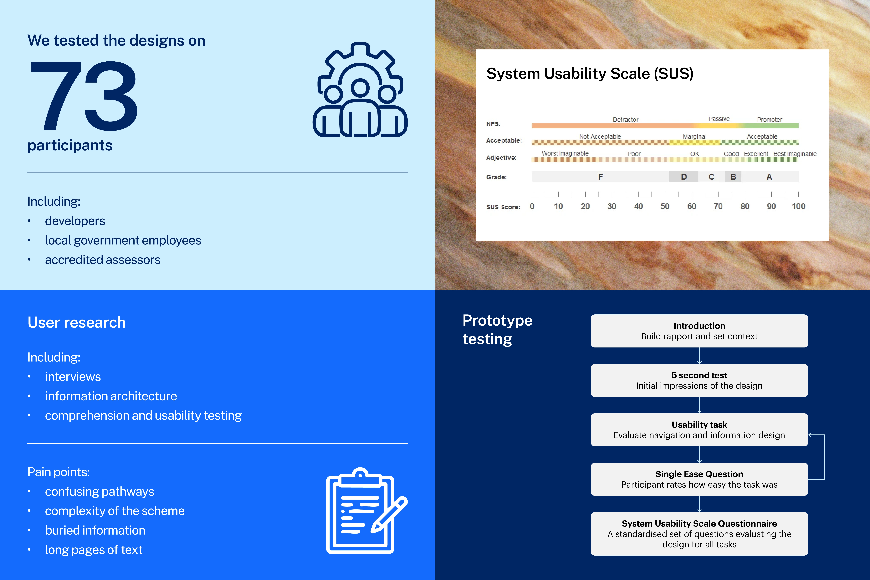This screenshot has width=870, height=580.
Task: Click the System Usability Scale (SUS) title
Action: coord(590,74)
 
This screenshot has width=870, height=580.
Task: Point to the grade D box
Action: coord(684,177)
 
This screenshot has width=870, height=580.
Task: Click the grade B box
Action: coord(733,177)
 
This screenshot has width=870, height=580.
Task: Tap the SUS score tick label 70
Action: coord(718,206)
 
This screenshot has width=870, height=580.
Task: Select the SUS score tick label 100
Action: coord(798,206)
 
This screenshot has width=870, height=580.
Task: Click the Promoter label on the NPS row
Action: coord(769,120)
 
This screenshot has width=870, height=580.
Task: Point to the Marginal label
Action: coord(694,136)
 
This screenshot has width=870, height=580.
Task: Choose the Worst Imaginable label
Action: coord(565,153)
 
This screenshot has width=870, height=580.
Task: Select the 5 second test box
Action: coord(699,380)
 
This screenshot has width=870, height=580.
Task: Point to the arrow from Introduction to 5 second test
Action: coord(699,356)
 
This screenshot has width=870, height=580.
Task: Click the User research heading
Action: coord(77,323)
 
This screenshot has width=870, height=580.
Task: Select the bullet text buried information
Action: coord(95,530)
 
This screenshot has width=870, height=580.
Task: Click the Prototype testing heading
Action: coord(497,329)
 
